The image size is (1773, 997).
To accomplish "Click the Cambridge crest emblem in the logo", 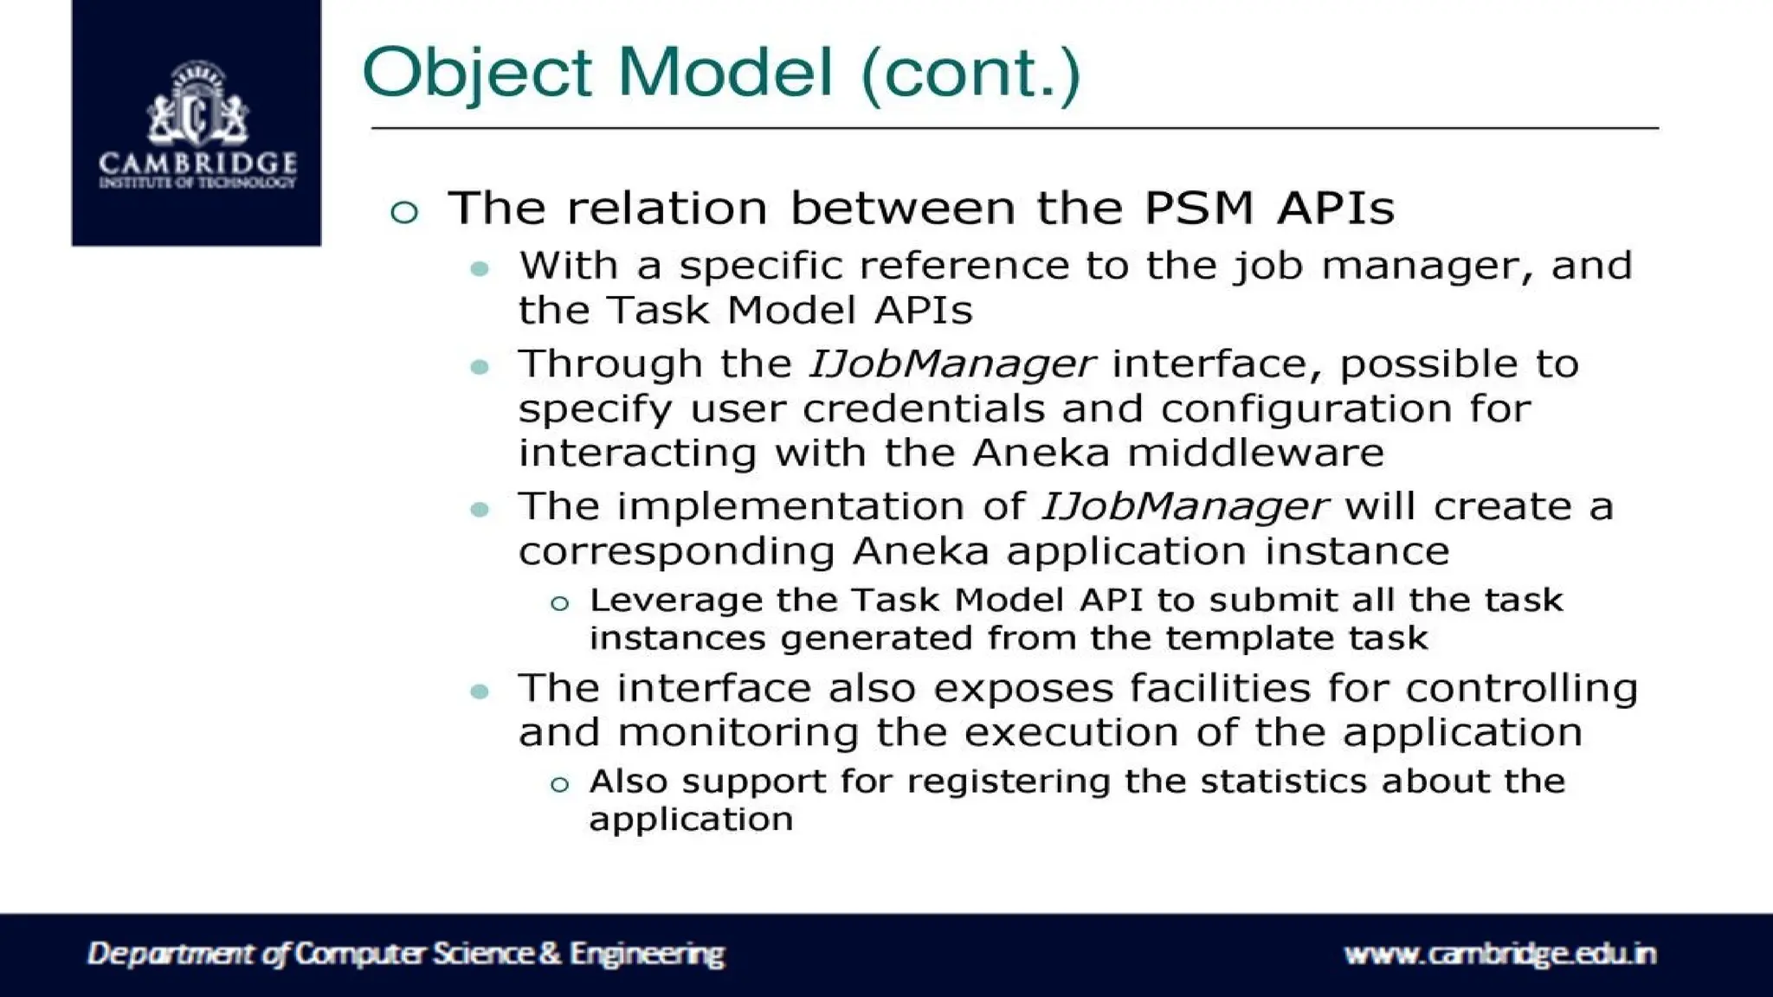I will point(197,104).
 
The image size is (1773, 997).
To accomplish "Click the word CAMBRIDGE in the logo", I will point(197,163).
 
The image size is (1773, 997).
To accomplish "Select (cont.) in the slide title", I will point(970,73).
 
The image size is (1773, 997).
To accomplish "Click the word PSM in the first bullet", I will point(1198,208).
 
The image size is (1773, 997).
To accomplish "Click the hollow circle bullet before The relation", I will point(404,211).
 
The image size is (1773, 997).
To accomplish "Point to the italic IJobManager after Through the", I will point(951,364).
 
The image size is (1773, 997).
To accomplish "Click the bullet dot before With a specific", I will point(480,269).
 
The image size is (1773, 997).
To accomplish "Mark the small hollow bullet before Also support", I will point(560,785).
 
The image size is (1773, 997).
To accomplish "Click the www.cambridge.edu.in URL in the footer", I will point(1499,954).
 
